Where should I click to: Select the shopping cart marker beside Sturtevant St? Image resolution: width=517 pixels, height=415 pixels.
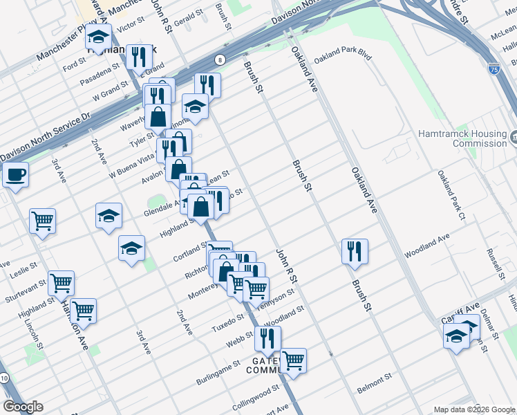click(x=61, y=283)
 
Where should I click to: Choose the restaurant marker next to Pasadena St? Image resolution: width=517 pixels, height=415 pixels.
click(x=139, y=57)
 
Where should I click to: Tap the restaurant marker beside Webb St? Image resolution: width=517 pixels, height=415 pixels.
click(x=267, y=339)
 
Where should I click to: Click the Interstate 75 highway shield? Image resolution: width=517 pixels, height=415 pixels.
click(x=493, y=68)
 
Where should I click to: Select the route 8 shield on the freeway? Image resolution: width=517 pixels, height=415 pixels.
click(x=218, y=59)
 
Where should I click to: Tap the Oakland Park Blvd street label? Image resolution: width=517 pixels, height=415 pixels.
click(x=343, y=55)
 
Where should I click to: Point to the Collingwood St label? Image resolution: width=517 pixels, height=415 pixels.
click(x=255, y=396)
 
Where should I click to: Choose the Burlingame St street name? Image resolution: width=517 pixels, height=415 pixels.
click(x=217, y=365)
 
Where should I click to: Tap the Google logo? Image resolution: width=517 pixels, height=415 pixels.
click(x=23, y=407)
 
